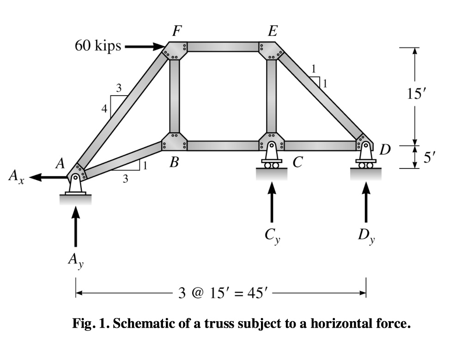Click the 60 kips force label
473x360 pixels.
click(x=98, y=46)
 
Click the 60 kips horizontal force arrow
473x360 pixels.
click(x=145, y=47)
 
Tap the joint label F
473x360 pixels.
click(x=177, y=31)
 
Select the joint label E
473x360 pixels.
click(x=273, y=31)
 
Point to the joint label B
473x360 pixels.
click(x=174, y=162)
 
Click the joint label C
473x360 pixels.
click(x=297, y=162)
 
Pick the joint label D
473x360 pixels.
click(x=385, y=149)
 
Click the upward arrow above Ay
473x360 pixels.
click(x=75, y=226)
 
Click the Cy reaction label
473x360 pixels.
click(x=273, y=235)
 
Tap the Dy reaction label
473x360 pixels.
click(x=366, y=235)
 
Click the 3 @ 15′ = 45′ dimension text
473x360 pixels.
click(x=223, y=293)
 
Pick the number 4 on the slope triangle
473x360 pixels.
click(x=104, y=108)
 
